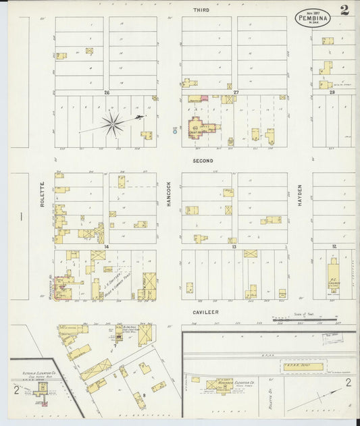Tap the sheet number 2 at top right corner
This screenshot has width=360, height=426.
pos(344,10)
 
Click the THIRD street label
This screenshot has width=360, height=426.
pos(201,10)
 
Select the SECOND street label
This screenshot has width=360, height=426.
pos(203,161)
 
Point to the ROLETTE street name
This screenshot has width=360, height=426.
pos(42,193)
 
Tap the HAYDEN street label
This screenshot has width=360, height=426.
pos(300,195)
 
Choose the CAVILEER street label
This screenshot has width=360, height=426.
pos(203,312)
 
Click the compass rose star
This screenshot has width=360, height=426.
pos(113,123)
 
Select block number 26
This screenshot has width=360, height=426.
pos(106,92)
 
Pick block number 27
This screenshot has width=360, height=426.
pos(236,92)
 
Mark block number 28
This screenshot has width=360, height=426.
pos(332,92)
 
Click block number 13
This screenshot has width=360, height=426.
pos(234,247)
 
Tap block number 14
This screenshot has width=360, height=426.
pos(106,247)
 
